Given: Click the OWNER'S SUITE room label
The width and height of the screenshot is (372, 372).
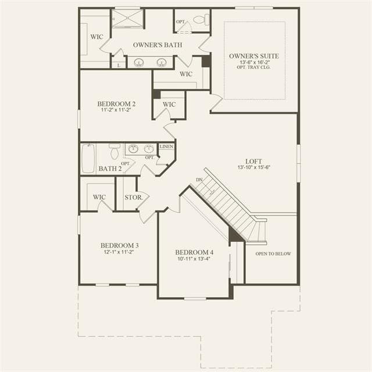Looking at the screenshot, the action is point(254,56).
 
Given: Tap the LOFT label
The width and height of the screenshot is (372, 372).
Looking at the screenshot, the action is point(253,162).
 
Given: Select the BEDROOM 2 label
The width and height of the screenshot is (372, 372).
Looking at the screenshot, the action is point(116,103).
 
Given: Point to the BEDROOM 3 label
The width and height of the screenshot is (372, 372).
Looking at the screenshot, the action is point(119,245).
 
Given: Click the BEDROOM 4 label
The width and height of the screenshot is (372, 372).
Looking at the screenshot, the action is point(194,252).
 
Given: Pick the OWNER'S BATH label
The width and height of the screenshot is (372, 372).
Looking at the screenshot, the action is point(158,45).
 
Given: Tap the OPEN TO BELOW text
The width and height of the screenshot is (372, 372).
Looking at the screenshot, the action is point(273,253).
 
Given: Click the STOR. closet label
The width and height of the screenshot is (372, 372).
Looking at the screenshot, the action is point(134,198).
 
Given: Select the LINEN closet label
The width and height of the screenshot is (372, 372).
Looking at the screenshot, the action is point(166,146).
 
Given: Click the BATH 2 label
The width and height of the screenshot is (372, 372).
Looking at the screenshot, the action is point(110,169).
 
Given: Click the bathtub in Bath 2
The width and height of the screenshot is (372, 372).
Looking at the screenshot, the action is point(88,159).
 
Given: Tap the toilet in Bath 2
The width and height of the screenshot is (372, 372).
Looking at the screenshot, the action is point(115,151).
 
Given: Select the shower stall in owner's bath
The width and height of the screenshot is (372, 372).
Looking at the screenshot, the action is point(127,19).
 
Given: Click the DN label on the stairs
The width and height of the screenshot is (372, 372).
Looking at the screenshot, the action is point(199,180).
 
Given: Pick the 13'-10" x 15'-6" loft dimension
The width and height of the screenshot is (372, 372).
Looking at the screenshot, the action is point(254,167).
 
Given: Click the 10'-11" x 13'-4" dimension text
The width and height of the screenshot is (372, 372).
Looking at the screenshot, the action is point(194,259).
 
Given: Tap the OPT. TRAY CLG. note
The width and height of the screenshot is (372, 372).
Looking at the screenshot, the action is point(253,67).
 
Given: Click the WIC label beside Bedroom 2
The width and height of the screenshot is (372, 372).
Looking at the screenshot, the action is point(169,105).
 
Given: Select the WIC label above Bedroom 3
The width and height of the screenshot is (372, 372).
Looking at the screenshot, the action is point(99,197).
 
